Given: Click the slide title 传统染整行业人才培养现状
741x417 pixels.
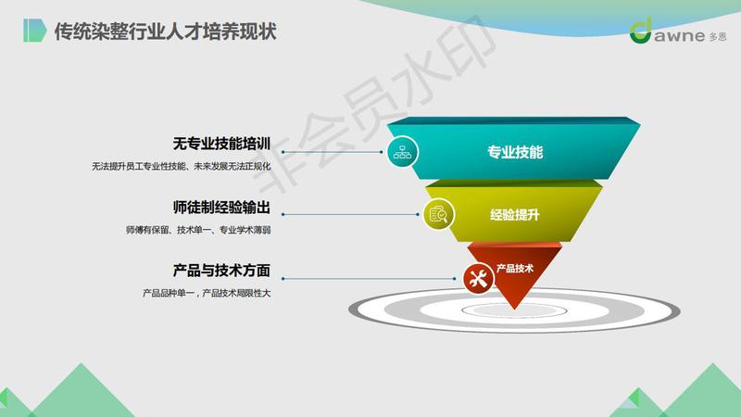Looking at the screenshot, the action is click(x=165, y=32).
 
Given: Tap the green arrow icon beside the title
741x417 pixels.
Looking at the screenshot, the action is click(x=35, y=31).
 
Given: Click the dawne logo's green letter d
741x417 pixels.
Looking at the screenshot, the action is click(x=641, y=31).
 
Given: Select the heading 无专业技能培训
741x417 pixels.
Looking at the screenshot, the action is click(x=221, y=144).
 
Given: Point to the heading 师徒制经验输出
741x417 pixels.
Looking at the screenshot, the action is click(x=221, y=207).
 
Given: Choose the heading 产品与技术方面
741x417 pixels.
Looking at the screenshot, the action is click(x=221, y=271).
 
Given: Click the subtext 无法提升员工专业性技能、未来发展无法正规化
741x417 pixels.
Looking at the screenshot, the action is click(x=181, y=167).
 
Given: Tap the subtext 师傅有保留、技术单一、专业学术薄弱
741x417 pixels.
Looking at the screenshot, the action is click(x=198, y=230).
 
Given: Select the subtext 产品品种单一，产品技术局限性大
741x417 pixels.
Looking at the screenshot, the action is click(x=207, y=293).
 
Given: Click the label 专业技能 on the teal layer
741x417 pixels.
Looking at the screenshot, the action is click(x=515, y=152).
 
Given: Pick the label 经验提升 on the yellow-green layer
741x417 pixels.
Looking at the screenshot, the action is click(x=515, y=215).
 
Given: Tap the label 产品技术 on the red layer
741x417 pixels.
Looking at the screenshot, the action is click(x=515, y=269).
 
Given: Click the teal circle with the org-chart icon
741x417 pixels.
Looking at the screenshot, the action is click(x=402, y=152).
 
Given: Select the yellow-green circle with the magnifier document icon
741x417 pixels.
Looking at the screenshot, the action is click(x=438, y=214).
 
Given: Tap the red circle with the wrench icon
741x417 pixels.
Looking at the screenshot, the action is click(x=478, y=278).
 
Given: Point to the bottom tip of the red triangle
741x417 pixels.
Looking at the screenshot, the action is click(x=514, y=310).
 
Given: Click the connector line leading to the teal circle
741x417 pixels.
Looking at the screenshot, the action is click(x=333, y=152).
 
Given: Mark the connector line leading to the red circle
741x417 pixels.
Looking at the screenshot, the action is click(x=369, y=279).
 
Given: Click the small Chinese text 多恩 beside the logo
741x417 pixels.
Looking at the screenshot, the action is click(x=718, y=36).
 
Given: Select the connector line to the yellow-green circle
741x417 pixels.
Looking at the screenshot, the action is click(x=350, y=214).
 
